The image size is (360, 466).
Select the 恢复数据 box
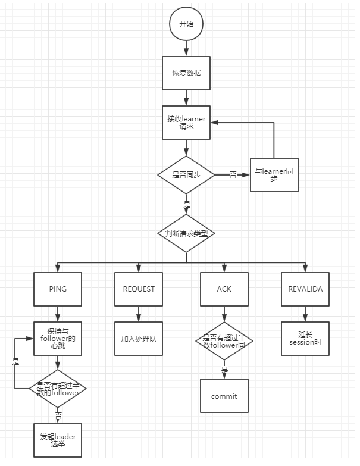pos(186,73)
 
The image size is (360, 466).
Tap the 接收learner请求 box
pos(186,123)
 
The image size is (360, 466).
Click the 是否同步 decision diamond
pos(186,174)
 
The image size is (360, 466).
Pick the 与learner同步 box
pos(274,175)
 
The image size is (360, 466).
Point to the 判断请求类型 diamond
pos(186,233)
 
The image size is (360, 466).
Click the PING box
pos(58,289)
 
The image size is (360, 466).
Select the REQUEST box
pos(139,289)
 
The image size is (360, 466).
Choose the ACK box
pos(224,289)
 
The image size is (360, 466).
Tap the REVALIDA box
pos(305,289)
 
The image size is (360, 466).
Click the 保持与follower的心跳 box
pos(58,338)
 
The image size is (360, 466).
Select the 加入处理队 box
pos(139,339)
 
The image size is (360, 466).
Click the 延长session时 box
pos(305,339)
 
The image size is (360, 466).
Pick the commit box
pos(224,396)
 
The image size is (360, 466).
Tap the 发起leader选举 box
pos(58,440)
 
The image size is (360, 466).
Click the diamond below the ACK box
pos(224,341)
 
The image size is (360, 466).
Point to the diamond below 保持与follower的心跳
pos(58,389)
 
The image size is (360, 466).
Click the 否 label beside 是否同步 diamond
pos(233,174)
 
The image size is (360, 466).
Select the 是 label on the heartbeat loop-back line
pos(15,361)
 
